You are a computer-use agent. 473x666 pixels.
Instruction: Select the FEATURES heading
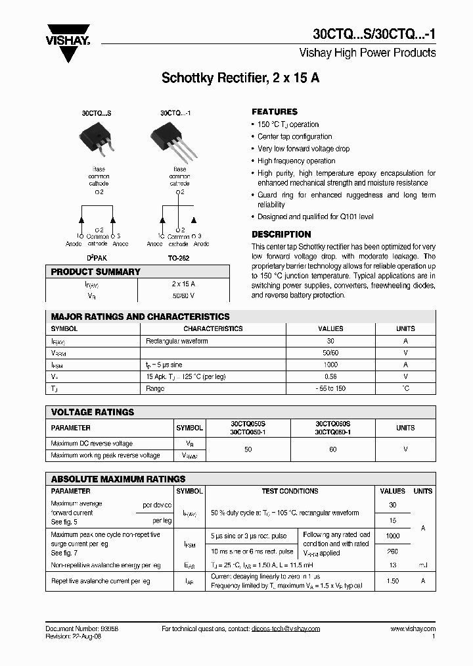(x=275, y=112)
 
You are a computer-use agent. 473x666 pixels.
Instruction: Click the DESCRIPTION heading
(x=281, y=234)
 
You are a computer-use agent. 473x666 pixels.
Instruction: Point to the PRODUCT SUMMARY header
(x=96, y=272)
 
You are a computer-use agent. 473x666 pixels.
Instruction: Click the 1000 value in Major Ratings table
(x=330, y=365)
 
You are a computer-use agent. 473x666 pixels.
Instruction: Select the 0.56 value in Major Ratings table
(x=330, y=376)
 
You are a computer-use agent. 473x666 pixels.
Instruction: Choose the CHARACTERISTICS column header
(x=213, y=328)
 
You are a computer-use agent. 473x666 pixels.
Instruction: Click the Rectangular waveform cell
(x=177, y=341)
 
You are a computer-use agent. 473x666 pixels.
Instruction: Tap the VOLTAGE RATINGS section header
(x=93, y=412)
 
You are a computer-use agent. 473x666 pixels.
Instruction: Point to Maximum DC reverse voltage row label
(x=91, y=444)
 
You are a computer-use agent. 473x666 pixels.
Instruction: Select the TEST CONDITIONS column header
(x=290, y=491)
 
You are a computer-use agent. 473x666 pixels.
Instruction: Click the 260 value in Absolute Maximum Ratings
(x=392, y=551)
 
